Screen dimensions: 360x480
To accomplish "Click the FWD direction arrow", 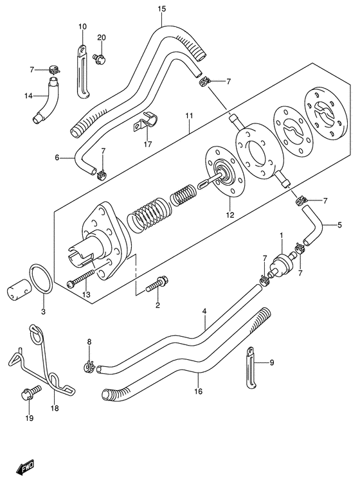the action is (x=26, y=467).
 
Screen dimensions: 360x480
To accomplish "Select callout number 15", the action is (x=162, y=9).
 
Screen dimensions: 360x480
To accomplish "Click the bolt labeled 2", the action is (x=157, y=284).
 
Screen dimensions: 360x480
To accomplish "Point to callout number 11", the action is (x=189, y=116).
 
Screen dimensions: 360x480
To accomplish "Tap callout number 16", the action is (x=199, y=391).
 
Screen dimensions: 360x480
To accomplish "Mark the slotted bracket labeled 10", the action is (x=83, y=71).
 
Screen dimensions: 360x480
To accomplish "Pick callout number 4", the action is (x=204, y=312).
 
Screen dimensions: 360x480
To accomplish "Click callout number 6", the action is (x=57, y=157).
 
